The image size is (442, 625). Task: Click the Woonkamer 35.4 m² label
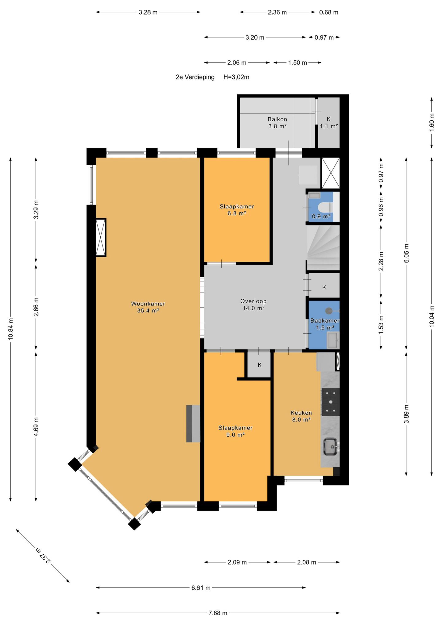coord(148,307)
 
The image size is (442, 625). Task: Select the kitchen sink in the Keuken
coord(331,447)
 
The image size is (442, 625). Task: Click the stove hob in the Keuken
coord(330,402)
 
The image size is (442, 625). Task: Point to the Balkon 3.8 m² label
coord(277,122)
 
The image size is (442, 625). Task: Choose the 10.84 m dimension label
coord(11,329)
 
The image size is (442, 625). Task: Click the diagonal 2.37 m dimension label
coord(43,555)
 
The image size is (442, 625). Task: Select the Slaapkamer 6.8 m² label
coord(237,210)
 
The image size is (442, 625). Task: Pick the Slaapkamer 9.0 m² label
coord(235,431)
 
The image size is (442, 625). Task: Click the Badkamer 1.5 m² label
coord(325,324)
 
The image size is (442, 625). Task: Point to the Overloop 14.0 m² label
coord(253,305)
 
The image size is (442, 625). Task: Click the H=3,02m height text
coord(236,77)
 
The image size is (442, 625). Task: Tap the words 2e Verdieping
coord(195,77)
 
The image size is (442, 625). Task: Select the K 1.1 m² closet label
coord(329,122)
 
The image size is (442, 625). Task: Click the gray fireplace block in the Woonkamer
coord(193,424)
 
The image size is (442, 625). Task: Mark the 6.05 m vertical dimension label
coord(406,253)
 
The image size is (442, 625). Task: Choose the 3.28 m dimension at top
coord(148,12)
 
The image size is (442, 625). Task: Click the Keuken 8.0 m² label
coord(301,416)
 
